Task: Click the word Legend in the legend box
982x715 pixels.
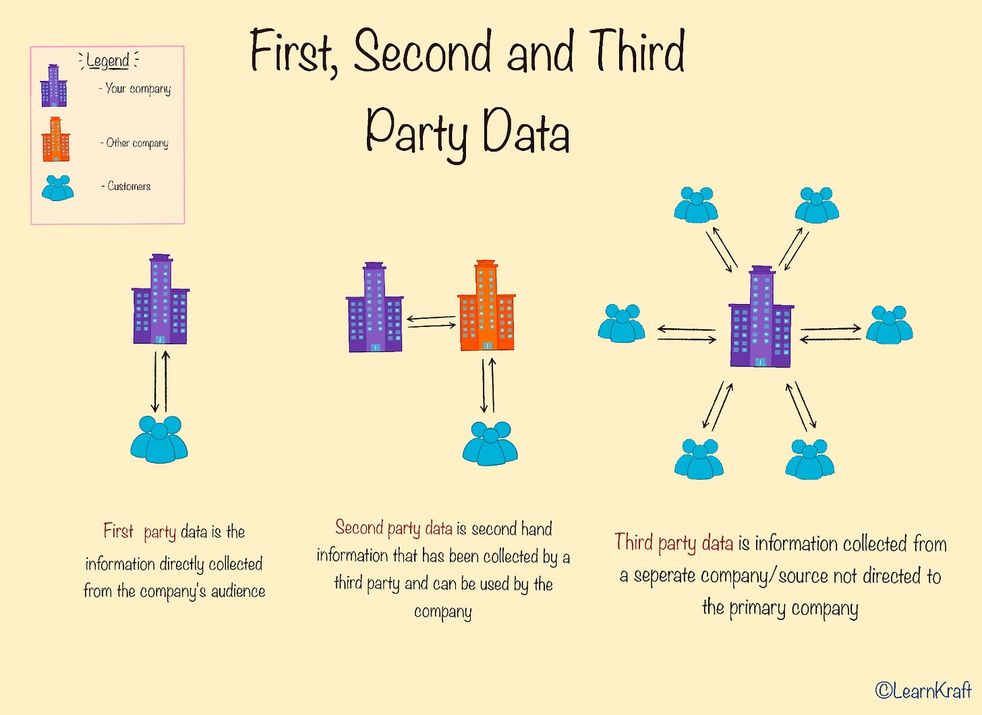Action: [x=108, y=61]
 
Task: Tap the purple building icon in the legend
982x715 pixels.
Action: [x=53, y=86]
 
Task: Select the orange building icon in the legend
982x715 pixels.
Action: [x=55, y=139]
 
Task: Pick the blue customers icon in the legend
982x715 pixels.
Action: [x=57, y=188]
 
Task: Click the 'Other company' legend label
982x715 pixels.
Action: [x=137, y=143]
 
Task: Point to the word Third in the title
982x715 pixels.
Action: [x=637, y=52]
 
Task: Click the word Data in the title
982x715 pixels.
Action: [x=526, y=132]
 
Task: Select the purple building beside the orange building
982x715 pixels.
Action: [x=374, y=307]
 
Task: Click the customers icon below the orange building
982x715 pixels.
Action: [x=490, y=443]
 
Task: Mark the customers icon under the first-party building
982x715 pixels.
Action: [x=159, y=439]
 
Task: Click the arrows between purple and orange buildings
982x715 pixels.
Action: [x=431, y=321]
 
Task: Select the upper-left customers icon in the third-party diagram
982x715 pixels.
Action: [x=695, y=205]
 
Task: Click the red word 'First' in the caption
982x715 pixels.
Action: [x=119, y=532]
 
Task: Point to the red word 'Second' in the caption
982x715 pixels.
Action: [x=359, y=528]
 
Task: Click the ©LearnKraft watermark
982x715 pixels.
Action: [x=923, y=690]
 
